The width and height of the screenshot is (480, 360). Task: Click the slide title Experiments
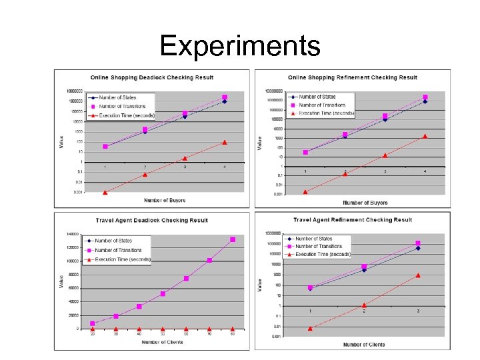[x=240, y=46]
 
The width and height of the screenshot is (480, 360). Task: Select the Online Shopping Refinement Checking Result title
[x=352, y=77]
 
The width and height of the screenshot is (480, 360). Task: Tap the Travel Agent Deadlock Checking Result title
[x=151, y=220]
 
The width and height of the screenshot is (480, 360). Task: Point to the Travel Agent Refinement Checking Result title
[x=353, y=219]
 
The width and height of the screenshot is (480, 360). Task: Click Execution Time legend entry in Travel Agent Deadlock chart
[x=123, y=259]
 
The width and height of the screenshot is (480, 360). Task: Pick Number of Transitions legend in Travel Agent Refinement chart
[x=323, y=246]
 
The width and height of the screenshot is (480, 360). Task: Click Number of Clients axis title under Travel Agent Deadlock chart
[x=163, y=343]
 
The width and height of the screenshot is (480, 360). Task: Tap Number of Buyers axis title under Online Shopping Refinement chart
[x=365, y=203]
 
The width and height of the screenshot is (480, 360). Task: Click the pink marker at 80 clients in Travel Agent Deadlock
[x=233, y=239]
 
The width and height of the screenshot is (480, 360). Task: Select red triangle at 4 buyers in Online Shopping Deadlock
[x=225, y=142]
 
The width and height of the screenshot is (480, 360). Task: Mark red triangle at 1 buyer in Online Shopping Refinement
[x=305, y=191]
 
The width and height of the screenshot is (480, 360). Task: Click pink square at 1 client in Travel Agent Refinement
[x=310, y=287]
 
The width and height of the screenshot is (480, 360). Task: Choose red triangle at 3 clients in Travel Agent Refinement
[x=418, y=275]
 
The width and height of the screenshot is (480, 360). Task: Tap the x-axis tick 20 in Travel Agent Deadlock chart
[x=93, y=335]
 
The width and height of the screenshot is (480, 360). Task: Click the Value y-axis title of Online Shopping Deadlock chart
[x=61, y=141]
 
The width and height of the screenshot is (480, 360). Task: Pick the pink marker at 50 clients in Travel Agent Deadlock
[x=163, y=293]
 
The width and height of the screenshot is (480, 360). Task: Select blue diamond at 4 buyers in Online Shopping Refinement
[x=425, y=101]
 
